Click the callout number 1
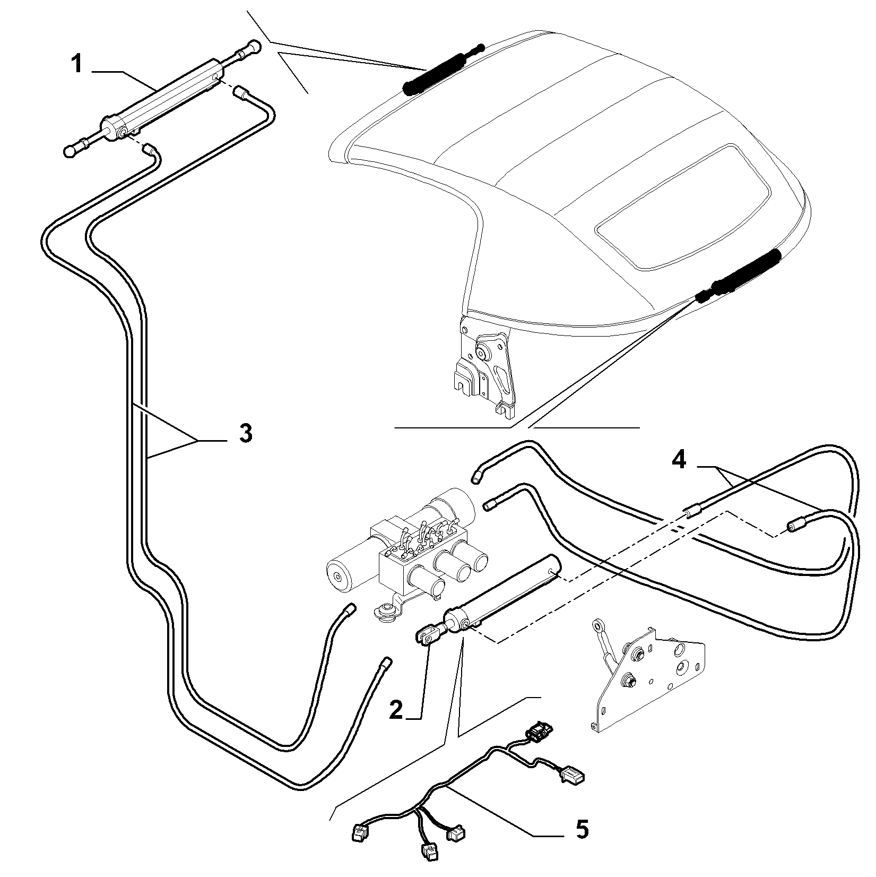pos(77,64)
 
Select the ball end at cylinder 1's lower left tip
pos(69,152)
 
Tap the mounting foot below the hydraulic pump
pos(387,612)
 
